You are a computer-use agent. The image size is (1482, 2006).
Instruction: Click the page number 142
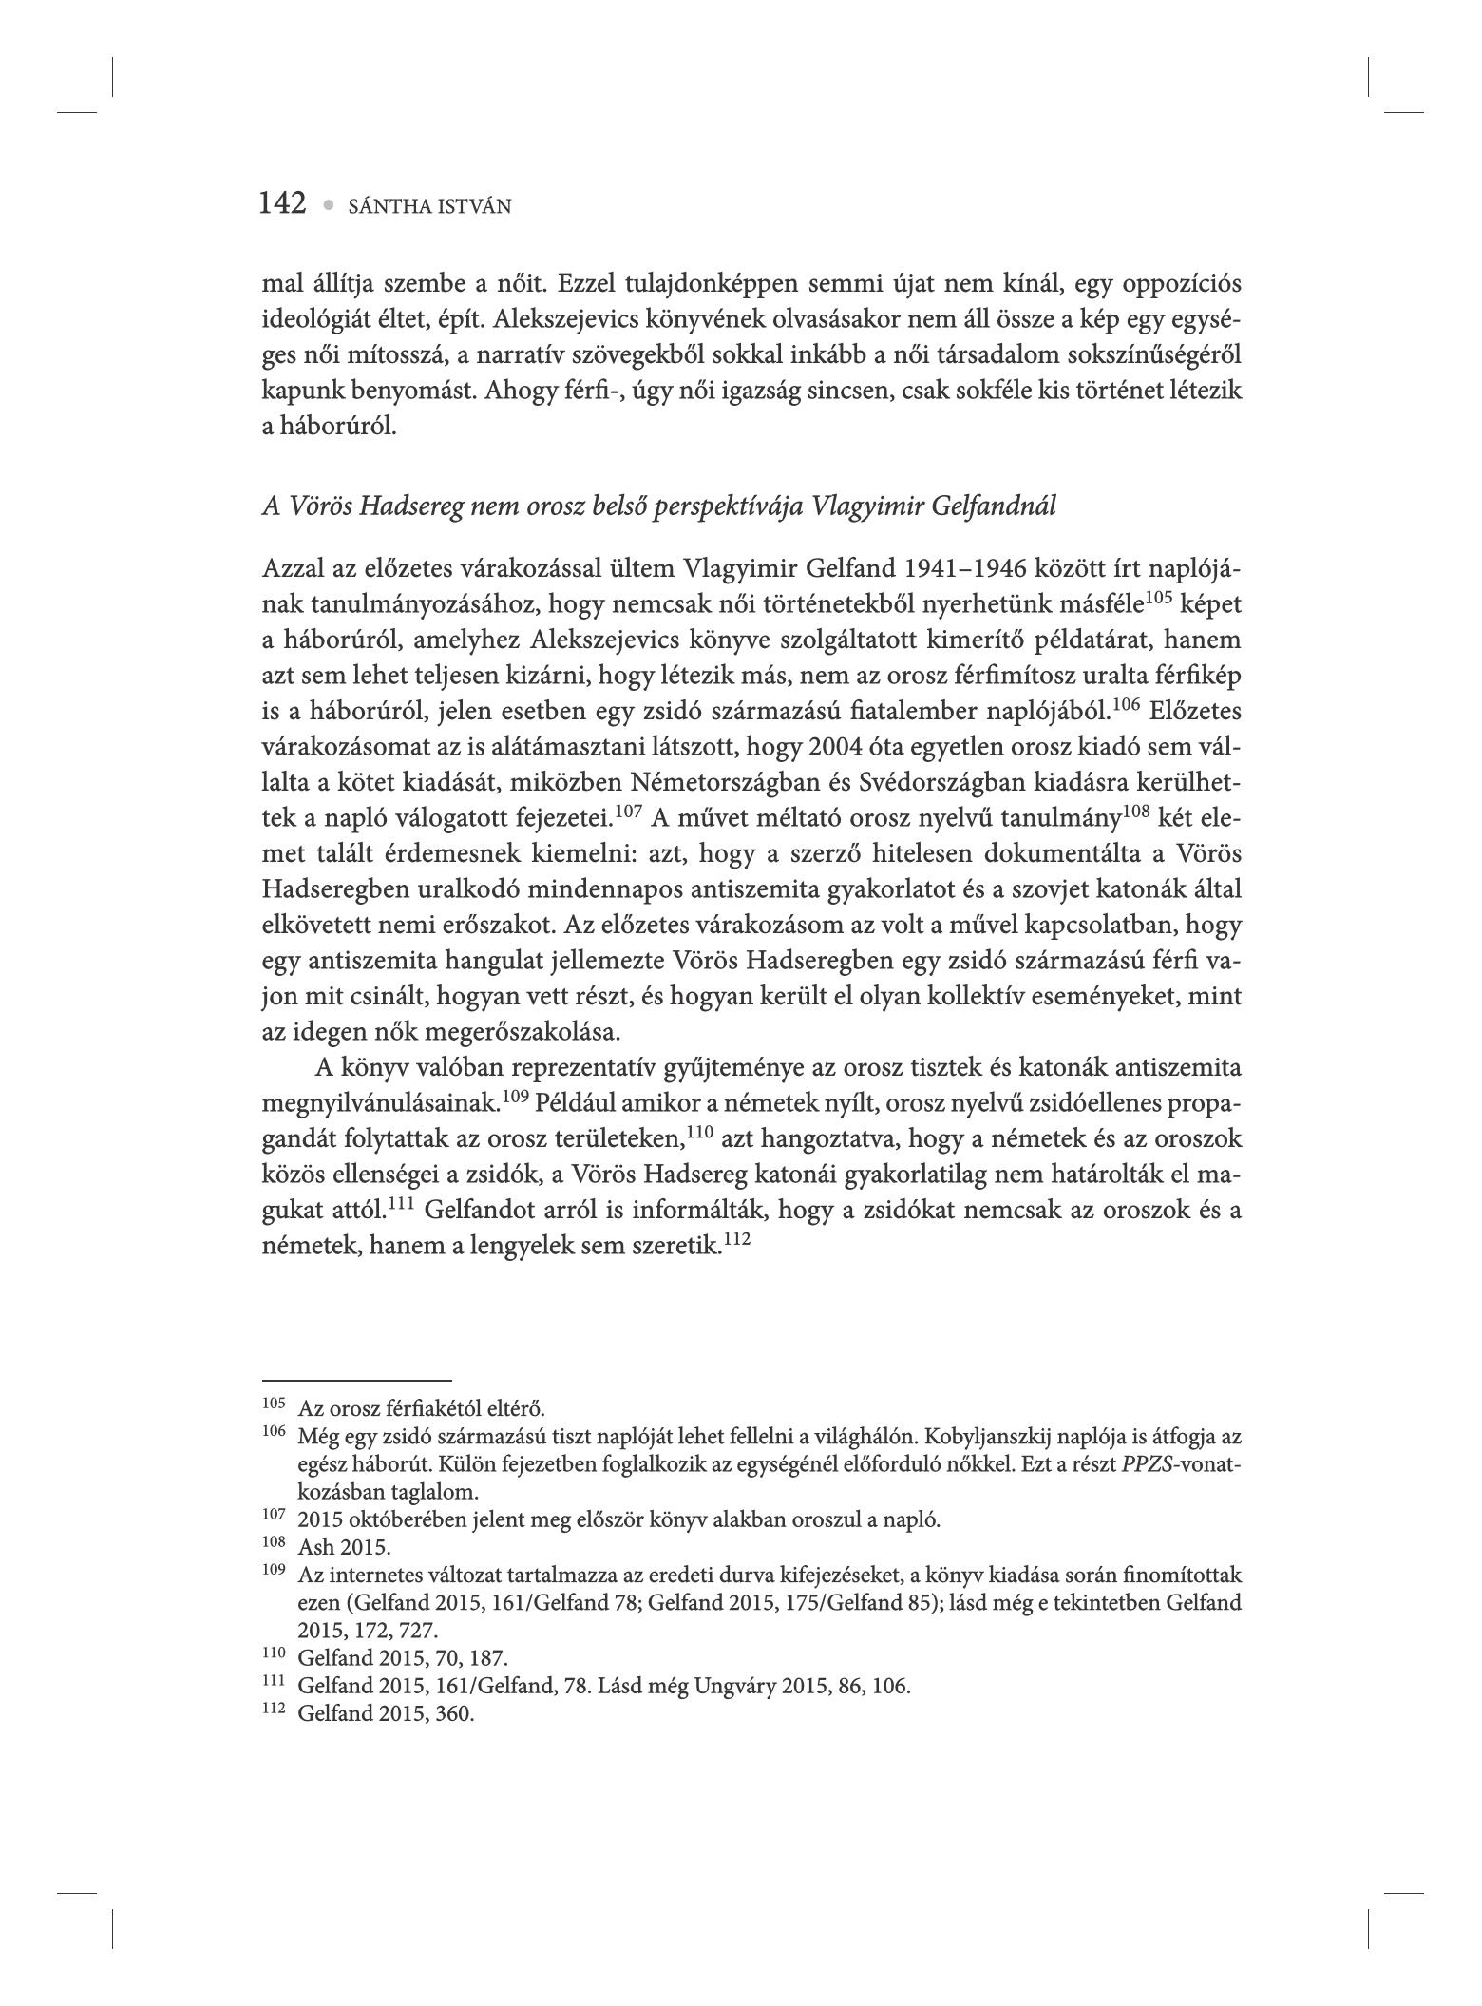(282, 203)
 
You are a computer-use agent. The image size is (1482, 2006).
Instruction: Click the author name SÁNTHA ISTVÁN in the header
(429, 206)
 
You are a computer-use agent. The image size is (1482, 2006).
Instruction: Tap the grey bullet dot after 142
(329, 204)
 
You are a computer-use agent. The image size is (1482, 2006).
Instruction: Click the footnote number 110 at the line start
(274, 1655)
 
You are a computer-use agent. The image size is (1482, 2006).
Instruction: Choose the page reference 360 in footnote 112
(458, 1715)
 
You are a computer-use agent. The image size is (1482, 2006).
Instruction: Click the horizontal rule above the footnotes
(356, 1380)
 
